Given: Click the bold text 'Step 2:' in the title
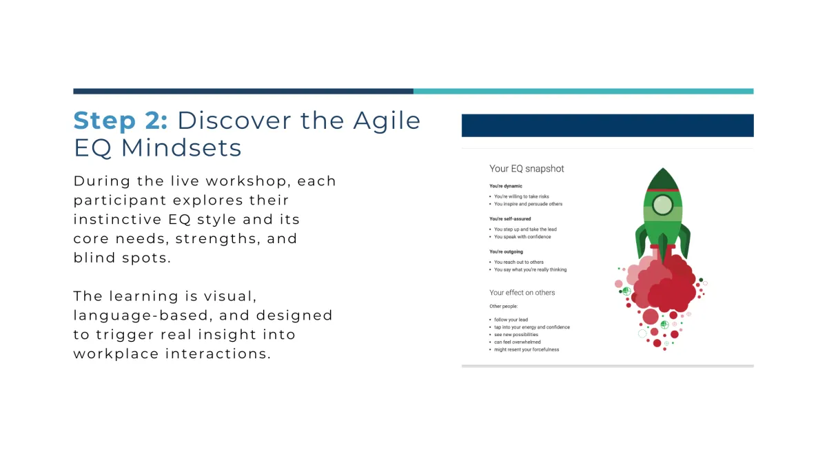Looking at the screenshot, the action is pos(121,121).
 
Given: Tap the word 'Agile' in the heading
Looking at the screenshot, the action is pos(387,121).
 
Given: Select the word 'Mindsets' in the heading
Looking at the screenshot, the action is pos(181,147).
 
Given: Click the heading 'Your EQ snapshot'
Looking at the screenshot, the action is pos(527,169).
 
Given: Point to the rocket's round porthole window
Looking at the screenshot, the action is pos(662,205).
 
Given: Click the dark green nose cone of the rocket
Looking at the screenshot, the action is pos(663,179).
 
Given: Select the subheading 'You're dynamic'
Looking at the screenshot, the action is pos(505,186).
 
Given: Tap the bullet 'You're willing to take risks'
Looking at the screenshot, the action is pos(521,196).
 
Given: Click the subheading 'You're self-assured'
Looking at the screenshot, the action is pos(510,219).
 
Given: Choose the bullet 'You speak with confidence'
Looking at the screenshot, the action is pos(522,236).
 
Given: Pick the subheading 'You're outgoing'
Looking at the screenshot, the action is pos(506,251).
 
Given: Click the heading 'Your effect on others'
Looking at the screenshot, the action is pos(522,293).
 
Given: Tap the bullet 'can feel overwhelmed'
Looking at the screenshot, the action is pos(518,342).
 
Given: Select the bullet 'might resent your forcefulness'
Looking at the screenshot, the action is pos(527,349).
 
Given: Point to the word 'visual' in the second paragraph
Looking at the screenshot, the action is pos(230,296).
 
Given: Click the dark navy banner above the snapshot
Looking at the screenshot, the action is pos(607,125).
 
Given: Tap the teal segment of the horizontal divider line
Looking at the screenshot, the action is pos(583,91).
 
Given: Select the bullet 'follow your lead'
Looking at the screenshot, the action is pos(511,320).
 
